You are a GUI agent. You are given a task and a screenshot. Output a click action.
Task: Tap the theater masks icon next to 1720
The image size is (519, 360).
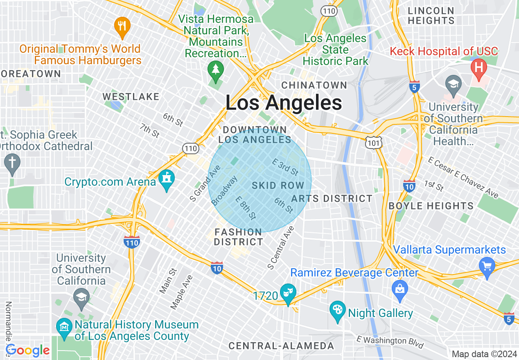pos(288,293)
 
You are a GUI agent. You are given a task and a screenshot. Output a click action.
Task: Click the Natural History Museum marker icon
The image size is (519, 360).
pos(64,328)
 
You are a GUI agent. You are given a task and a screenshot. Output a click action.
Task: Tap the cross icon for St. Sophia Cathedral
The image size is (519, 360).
pos(12,163)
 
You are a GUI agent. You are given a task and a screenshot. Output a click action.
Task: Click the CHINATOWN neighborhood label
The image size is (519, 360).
pos(314,85)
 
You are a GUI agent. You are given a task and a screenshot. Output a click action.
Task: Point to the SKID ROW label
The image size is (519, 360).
pos(278,185)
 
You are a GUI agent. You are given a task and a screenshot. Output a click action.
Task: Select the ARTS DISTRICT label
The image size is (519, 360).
pos(332,199)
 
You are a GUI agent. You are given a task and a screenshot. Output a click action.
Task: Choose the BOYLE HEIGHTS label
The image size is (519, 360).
pos(431,206)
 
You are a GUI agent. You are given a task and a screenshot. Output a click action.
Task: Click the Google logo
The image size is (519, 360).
pos(28,351)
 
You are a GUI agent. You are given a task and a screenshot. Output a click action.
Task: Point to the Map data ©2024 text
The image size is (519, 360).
pos(484,354)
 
